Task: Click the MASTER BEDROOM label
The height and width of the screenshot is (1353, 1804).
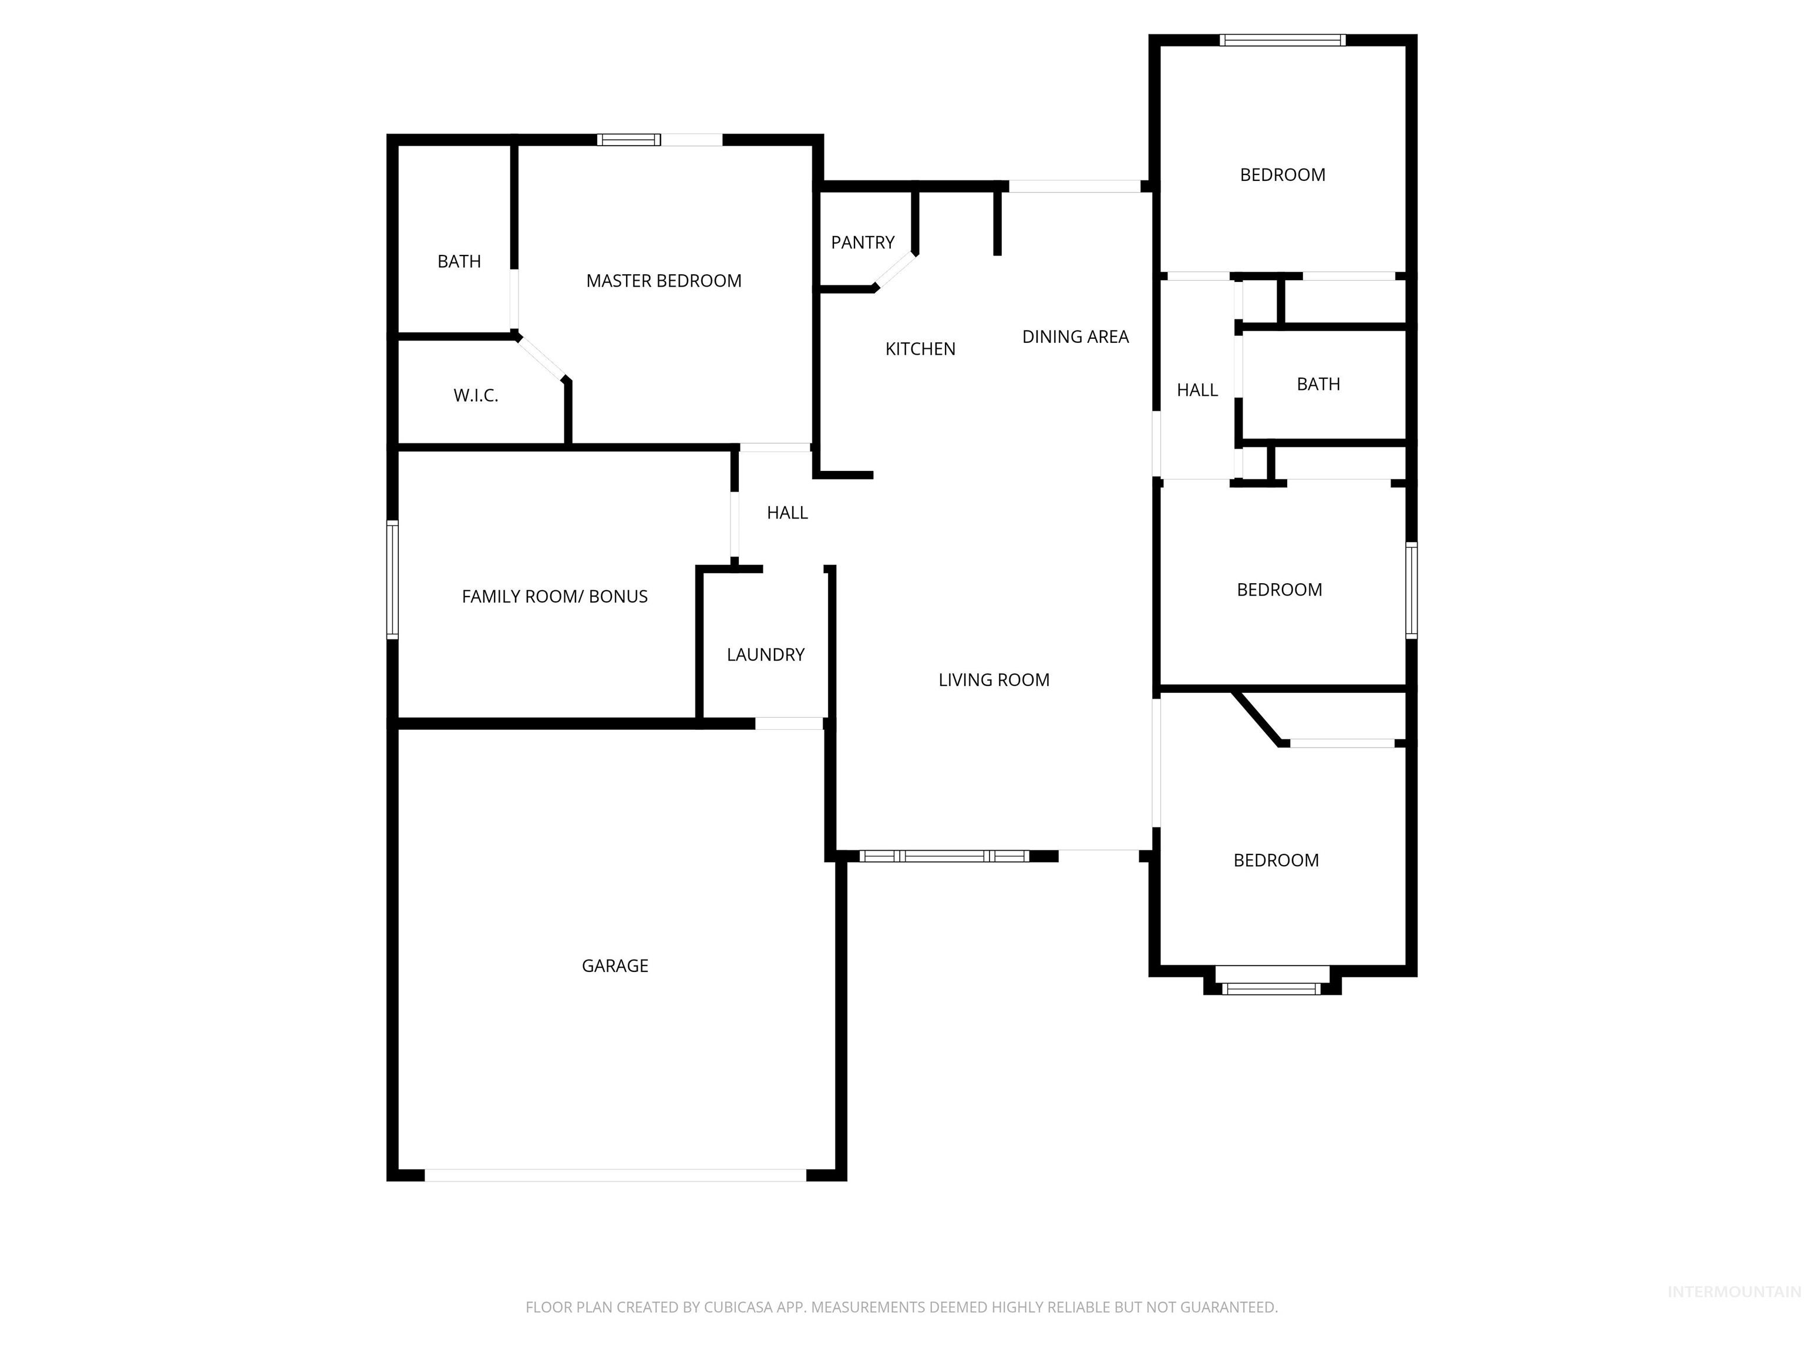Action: click(x=663, y=281)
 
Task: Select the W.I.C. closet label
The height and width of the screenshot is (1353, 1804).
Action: click(x=476, y=396)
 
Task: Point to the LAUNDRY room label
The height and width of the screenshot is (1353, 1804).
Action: click(x=765, y=655)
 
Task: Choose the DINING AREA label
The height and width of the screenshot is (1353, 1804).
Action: click(x=1075, y=337)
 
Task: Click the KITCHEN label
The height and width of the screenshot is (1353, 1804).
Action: click(x=920, y=349)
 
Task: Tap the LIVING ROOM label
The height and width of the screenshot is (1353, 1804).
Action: click(x=994, y=680)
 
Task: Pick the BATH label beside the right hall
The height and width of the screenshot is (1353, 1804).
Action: click(x=1318, y=384)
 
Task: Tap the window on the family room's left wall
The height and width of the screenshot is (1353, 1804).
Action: click(x=392, y=579)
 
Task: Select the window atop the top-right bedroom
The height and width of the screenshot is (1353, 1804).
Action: click(x=1281, y=40)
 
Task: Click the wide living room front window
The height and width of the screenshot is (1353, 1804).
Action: click(x=944, y=856)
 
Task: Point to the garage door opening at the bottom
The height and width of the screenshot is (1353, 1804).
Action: click(x=615, y=1175)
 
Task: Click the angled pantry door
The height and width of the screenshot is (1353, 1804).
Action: click(x=896, y=271)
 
